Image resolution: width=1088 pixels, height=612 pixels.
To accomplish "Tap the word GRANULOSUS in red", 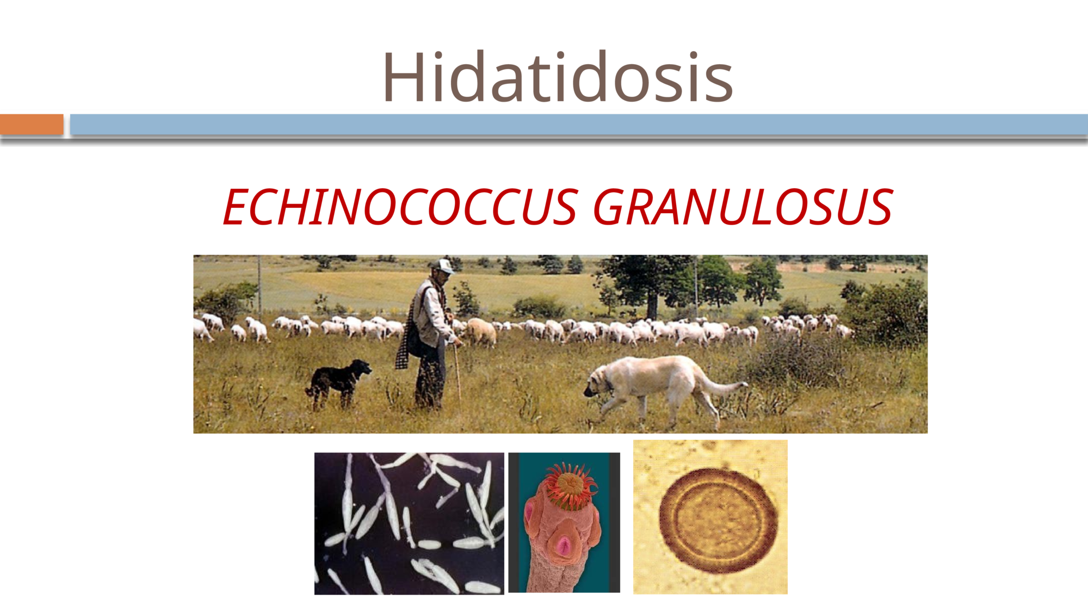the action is point(743,207).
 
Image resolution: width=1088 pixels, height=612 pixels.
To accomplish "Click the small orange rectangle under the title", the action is point(32,124).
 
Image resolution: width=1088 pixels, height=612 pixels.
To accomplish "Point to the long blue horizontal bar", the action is point(579,124).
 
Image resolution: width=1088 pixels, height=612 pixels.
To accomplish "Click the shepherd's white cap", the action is point(443,265).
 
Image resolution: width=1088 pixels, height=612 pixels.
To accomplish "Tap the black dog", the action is point(338,383).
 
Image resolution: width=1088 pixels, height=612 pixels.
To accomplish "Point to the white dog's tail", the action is point(724,386).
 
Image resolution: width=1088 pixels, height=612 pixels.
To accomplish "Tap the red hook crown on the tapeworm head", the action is point(570,484).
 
